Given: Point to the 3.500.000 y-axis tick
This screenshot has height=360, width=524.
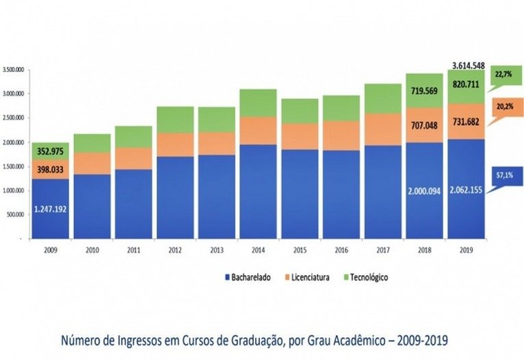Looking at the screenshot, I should pyautogui.click(x=14, y=70).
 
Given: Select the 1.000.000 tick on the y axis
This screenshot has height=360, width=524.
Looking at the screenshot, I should pyautogui.click(x=14, y=191).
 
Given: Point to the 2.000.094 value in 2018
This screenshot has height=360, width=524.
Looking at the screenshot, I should pyautogui.click(x=425, y=189).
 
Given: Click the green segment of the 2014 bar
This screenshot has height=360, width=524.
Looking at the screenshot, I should pyautogui.click(x=257, y=103).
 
